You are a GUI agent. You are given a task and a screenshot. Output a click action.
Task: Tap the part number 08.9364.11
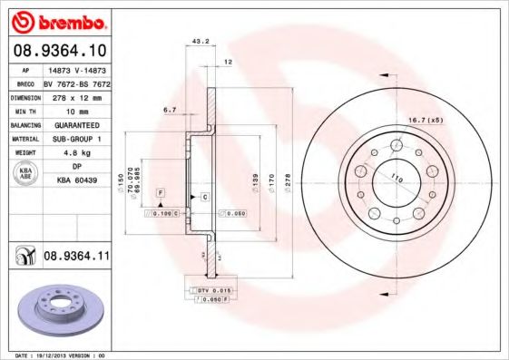76,258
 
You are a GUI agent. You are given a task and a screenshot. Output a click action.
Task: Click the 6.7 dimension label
169,109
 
